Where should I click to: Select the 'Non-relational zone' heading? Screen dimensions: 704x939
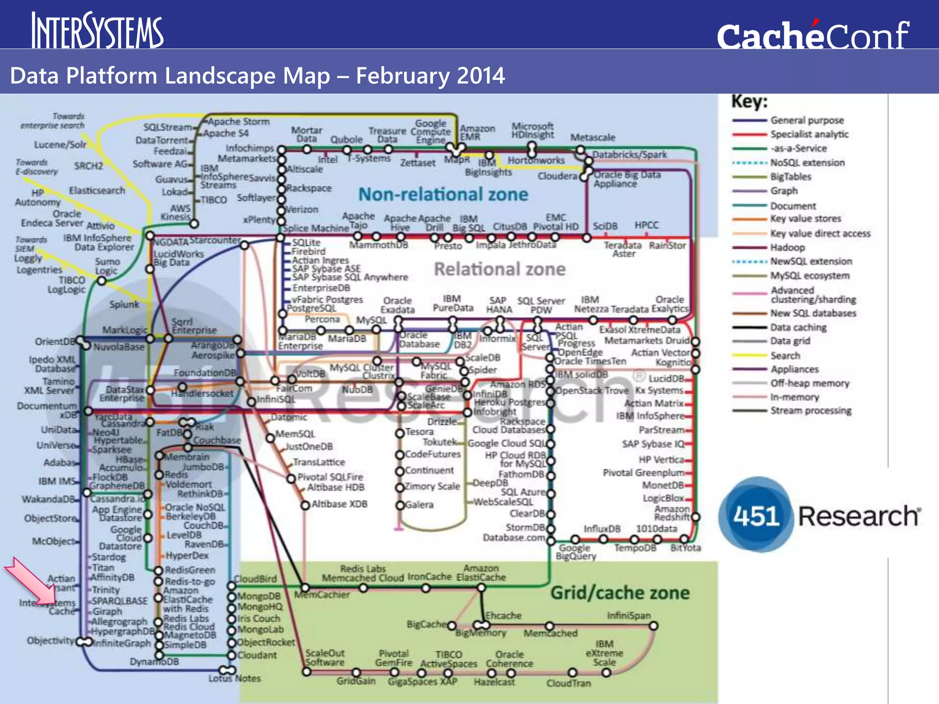(x=443, y=194)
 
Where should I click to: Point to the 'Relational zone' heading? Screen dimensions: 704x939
(x=499, y=269)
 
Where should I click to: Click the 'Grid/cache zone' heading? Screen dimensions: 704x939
(x=620, y=593)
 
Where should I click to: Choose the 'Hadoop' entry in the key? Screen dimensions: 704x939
(x=787, y=247)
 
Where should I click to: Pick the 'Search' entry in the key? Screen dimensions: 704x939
(x=785, y=356)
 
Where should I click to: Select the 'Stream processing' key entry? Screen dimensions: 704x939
(x=811, y=411)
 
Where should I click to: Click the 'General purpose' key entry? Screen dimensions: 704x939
(x=807, y=121)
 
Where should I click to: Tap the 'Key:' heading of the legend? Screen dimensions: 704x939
(x=749, y=102)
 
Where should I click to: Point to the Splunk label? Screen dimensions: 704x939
(x=124, y=304)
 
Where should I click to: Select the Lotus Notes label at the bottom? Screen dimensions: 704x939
(x=234, y=678)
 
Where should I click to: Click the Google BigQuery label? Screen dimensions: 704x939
(x=575, y=552)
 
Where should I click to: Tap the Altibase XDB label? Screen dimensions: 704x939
(x=339, y=504)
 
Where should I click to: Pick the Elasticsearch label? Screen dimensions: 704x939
(x=97, y=190)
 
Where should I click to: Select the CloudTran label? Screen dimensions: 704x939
(x=569, y=683)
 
